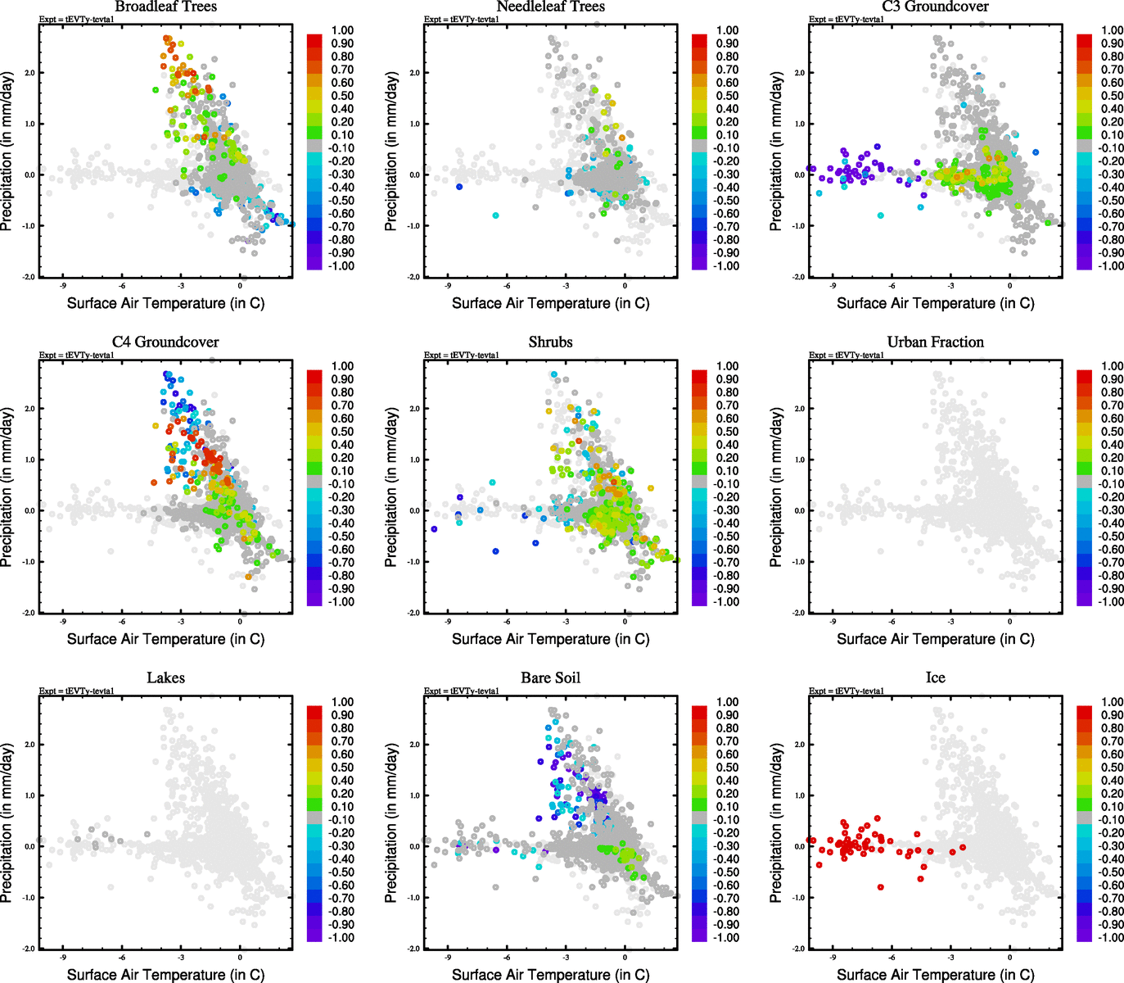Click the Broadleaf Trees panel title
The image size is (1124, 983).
click(x=165, y=7)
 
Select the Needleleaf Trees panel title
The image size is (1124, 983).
click(x=550, y=7)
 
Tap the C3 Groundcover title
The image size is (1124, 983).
click(x=935, y=7)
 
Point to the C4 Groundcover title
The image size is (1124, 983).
click(x=165, y=342)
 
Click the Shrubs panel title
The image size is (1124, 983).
click(x=550, y=342)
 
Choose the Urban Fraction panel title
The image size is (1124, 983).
click(x=935, y=342)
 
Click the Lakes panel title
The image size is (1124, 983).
click(x=165, y=677)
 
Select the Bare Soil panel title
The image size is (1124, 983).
click(x=550, y=677)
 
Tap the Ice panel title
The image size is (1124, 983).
click(x=935, y=677)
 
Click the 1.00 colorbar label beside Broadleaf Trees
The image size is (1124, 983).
click(x=342, y=30)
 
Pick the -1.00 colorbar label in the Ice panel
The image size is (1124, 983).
click(x=1110, y=937)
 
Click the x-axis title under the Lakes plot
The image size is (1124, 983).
click(x=165, y=974)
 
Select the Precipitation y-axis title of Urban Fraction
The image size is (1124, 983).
click(x=776, y=487)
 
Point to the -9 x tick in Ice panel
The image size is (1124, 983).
click(x=833, y=957)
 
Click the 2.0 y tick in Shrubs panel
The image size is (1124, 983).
click(x=413, y=409)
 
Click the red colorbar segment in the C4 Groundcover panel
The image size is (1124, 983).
click(x=314, y=376)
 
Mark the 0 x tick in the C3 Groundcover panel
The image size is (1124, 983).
click(x=1009, y=286)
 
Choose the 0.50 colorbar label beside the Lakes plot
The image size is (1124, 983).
click(x=342, y=768)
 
